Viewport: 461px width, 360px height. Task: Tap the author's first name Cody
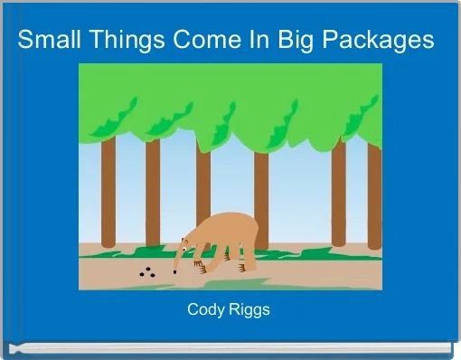click(205, 309)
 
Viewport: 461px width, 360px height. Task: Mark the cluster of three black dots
click(146, 272)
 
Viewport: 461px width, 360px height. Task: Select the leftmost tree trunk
click(108, 194)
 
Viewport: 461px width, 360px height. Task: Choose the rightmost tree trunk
click(374, 194)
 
